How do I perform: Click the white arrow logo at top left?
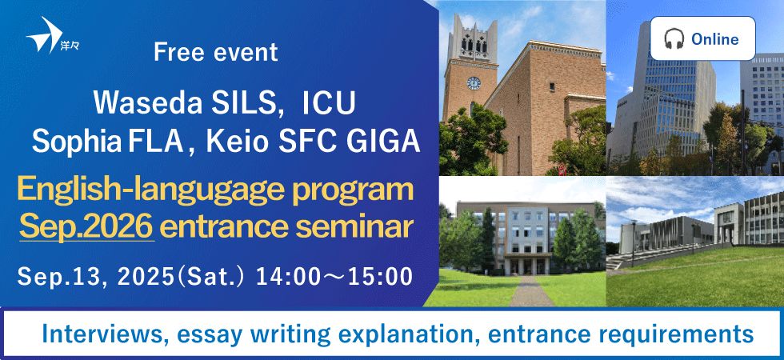pyautogui.click(x=44, y=35)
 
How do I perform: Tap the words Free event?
pyautogui.click(x=215, y=52)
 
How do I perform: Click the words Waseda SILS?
pyautogui.click(x=184, y=102)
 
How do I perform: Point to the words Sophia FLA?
pyautogui.click(x=107, y=142)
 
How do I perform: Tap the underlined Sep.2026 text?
pyautogui.click(x=86, y=227)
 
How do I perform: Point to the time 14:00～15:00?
pyautogui.click(x=334, y=277)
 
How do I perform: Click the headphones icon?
pyautogui.click(x=674, y=38)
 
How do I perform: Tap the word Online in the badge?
pyautogui.click(x=714, y=39)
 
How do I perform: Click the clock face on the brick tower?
pyautogui.click(x=474, y=83)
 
